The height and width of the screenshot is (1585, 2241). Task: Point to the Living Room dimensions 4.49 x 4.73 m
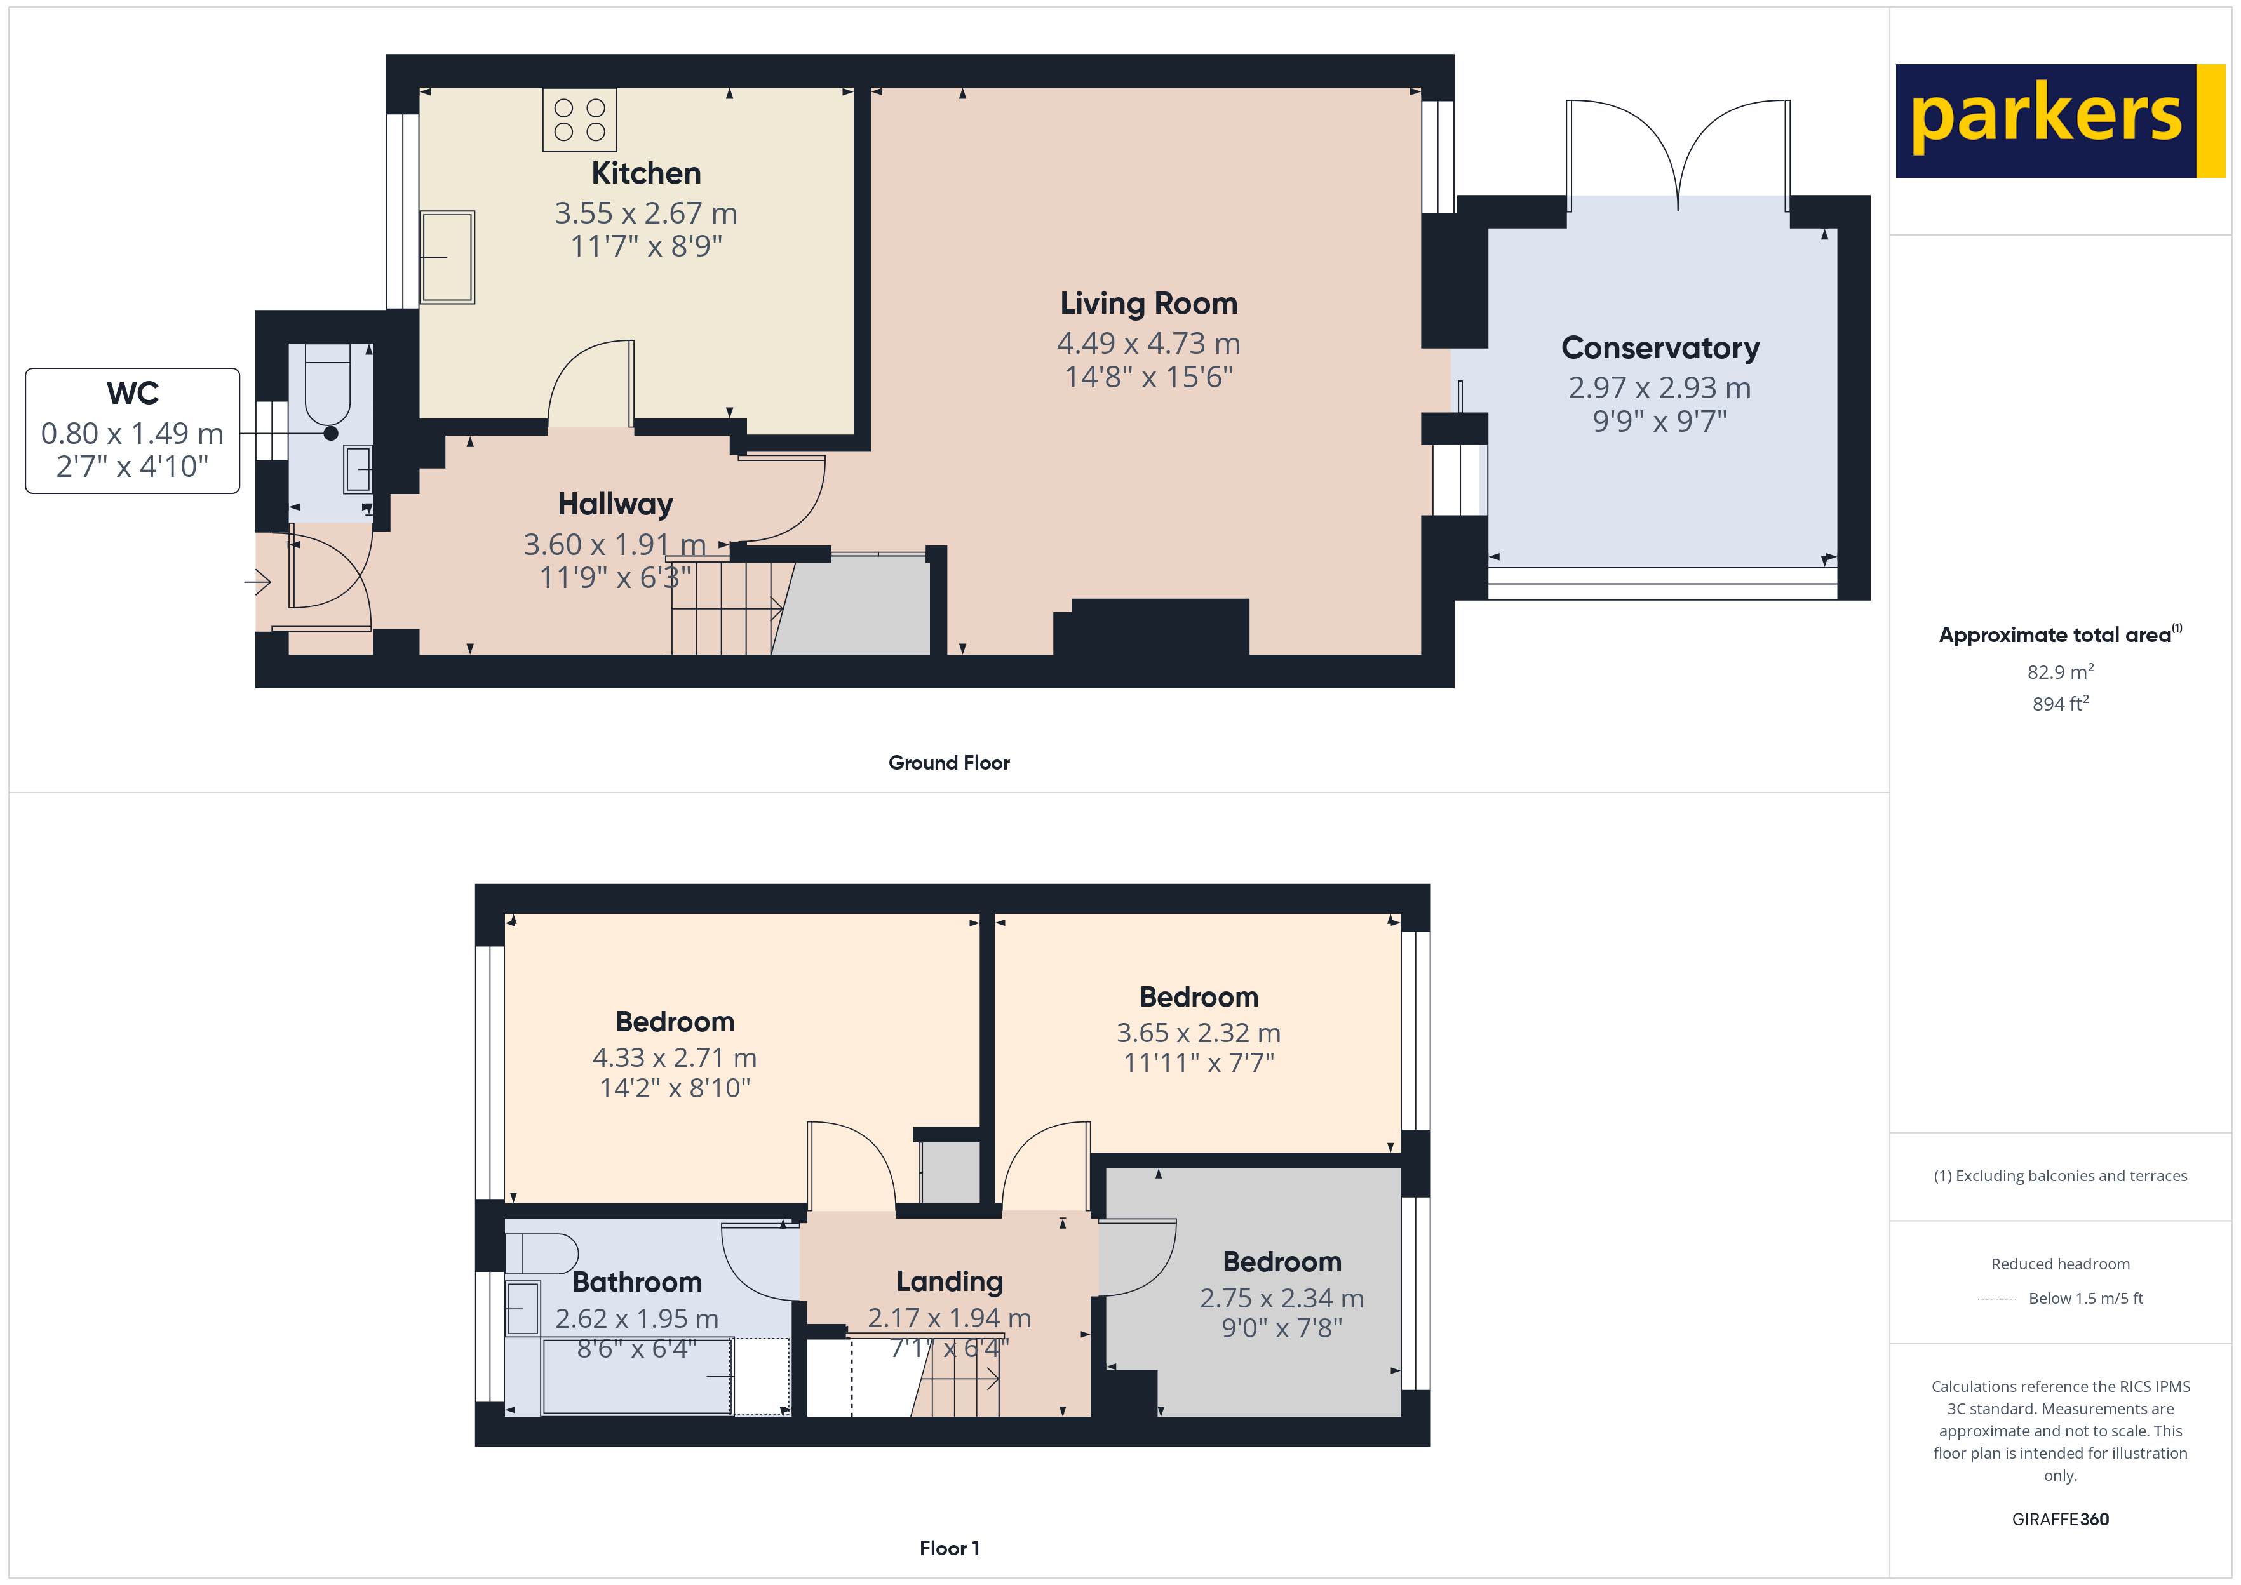tap(1148, 344)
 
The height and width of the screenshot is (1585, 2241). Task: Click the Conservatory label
tap(1659, 349)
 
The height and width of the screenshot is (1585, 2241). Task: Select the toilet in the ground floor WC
tap(328, 382)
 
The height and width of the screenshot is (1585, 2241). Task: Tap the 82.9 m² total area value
tap(2059, 671)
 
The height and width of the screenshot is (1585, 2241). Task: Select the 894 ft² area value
tap(2059, 704)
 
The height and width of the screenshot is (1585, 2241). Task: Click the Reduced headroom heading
tap(2059, 1264)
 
